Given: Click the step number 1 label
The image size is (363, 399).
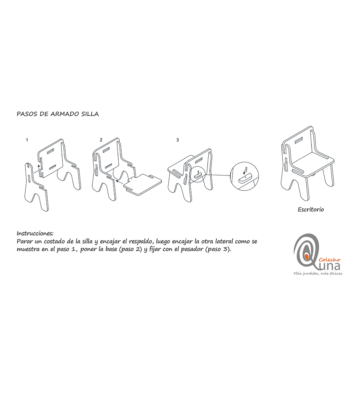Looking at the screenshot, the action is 27,140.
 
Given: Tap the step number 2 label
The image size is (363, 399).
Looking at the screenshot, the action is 101,140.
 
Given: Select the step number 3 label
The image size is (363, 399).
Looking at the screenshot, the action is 178,140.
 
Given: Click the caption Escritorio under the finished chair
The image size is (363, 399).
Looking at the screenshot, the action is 311,209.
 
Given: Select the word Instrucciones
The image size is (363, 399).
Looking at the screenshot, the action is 35,233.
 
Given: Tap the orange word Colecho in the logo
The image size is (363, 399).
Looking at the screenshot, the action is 330,259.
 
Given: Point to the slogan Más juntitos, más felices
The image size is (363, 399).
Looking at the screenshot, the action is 318,273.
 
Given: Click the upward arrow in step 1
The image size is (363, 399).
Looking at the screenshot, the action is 39,168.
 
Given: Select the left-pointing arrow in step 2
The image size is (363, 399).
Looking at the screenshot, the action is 120,182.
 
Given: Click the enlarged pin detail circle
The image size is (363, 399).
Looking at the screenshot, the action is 244,176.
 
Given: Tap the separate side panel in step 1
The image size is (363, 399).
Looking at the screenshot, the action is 36,187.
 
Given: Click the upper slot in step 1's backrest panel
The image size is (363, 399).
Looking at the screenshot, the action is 51,151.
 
